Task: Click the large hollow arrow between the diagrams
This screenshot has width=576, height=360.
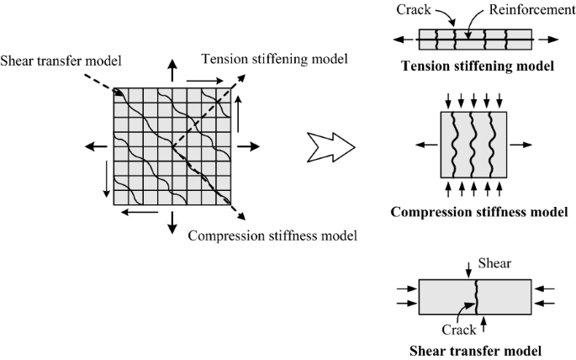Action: [x=330, y=146]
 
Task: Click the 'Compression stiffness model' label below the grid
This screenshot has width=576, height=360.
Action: [x=272, y=234]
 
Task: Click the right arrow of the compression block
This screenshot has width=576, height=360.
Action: [x=521, y=143]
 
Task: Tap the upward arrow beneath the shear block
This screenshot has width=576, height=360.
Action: [x=484, y=324]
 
